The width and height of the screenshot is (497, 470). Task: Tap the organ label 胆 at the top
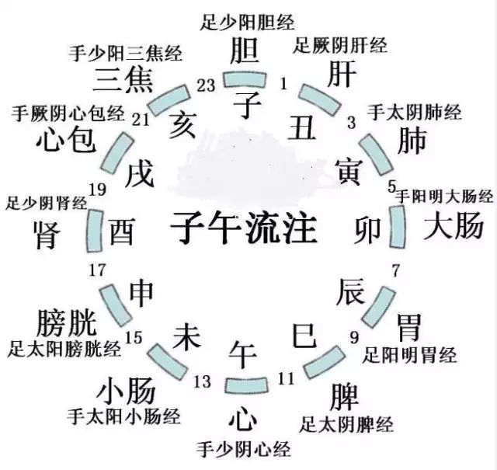tap(245, 50)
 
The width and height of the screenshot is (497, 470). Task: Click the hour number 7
tap(395, 272)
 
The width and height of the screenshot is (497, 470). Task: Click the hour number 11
tap(286, 379)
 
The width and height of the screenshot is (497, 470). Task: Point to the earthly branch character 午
tap(242, 354)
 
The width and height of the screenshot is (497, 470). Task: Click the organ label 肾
tap(47, 234)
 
